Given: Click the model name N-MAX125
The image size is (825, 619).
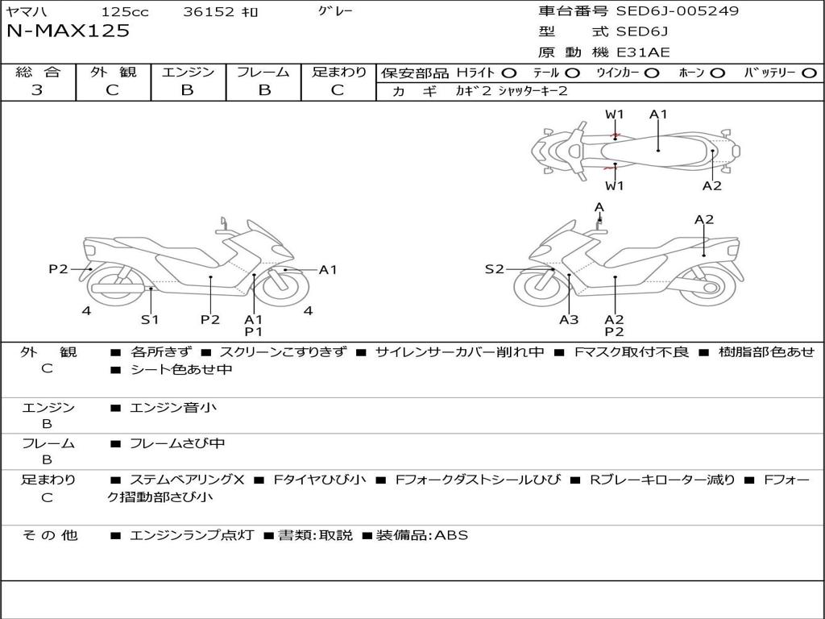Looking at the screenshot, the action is (x=68, y=31).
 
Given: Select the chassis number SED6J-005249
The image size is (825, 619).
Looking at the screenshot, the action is (x=677, y=11).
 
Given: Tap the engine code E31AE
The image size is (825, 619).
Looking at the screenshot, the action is (x=643, y=52).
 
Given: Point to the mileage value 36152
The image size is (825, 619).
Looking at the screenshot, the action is (x=209, y=12).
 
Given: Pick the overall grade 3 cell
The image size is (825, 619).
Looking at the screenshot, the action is (x=37, y=90).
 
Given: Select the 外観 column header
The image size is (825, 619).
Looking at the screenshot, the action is (x=113, y=73).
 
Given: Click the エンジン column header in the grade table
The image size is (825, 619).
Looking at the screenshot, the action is (x=188, y=73).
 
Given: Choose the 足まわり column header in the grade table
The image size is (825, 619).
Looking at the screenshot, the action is (x=338, y=73).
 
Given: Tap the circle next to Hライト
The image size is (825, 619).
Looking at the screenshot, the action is (x=509, y=73).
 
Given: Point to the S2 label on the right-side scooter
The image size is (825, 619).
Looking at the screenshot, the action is (x=494, y=269).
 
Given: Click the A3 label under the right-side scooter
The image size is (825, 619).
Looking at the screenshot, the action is (x=569, y=320).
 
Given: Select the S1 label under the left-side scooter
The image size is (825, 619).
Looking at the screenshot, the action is (x=150, y=320).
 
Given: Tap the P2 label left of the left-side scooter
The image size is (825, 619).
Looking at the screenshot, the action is (x=58, y=269).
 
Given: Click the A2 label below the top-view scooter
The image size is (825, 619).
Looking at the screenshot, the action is (x=711, y=186).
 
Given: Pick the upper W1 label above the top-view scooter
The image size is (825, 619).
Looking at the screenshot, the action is (x=615, y=114).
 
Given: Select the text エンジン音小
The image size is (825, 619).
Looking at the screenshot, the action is (x=173, y=408).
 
